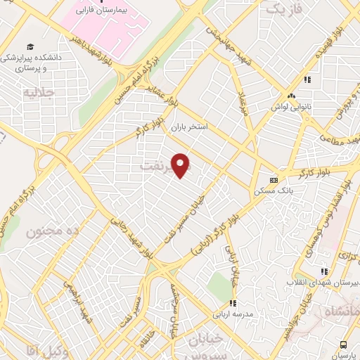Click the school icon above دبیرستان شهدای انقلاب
(x=324, y=271)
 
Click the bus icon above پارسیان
(x=343, y=344)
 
